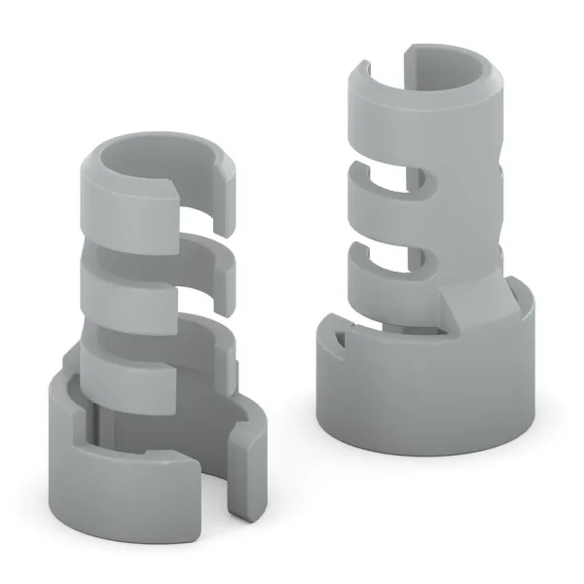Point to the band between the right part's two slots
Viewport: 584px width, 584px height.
[389, 219]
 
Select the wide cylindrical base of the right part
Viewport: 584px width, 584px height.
[428, 399]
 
